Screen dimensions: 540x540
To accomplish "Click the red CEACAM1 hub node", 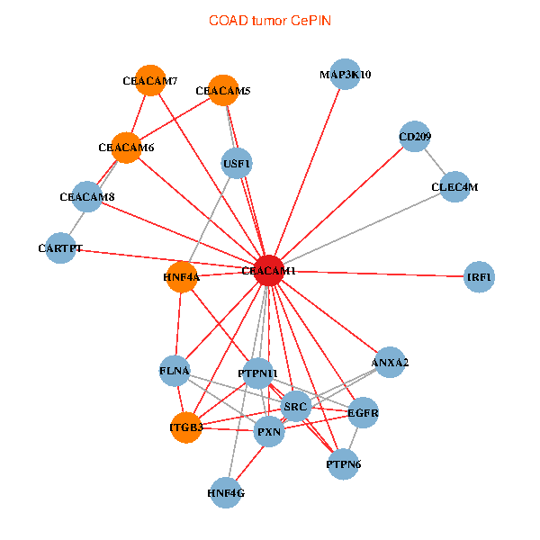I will pos(269,271).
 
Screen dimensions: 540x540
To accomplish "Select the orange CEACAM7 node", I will pos(150,80).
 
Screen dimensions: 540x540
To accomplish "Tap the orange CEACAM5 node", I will pos(223,90).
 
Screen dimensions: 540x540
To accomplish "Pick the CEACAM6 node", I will pos(127,148).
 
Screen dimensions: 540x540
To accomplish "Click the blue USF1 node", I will pos(237,163).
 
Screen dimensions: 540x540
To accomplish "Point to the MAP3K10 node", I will pos(345,75).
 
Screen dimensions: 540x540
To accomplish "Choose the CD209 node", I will pos(415,137).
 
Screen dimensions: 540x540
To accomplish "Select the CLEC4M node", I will pos(455,187).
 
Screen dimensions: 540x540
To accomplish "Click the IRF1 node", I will pos(480,277).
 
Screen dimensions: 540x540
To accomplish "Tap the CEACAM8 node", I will pos(86,197).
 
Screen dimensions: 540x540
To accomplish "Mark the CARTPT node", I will pos(61,247).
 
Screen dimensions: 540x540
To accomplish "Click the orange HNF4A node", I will pos(181,277).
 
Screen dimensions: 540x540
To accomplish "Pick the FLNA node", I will pos(175,370).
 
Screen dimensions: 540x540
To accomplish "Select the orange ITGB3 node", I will pos(186,427).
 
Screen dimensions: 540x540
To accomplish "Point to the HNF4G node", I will pos(226,493).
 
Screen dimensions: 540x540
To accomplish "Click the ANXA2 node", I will pos(390,363).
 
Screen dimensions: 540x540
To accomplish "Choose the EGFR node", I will pos(363,414).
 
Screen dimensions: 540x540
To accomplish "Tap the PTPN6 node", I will pos(342,464).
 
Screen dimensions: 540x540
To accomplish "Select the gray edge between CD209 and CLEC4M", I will pos(436,162).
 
